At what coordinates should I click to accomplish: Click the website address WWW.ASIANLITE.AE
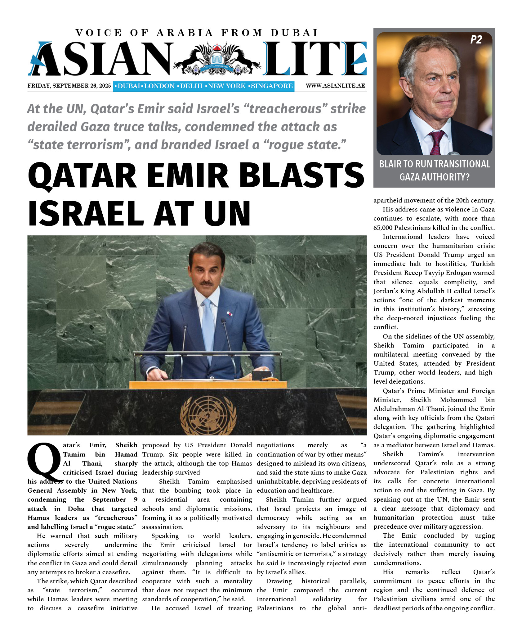click(x=335, y=86)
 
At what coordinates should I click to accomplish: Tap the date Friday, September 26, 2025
click(x=69, y=86)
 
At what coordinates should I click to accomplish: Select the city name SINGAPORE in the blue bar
click(x=271, y=86)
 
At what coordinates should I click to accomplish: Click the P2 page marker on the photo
click(x=476, y=40)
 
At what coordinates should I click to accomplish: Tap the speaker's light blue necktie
click(x=208, y=326)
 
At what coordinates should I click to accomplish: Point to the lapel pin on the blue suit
click(x=229, y=314)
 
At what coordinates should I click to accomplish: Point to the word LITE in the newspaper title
click(x=315, y=59)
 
